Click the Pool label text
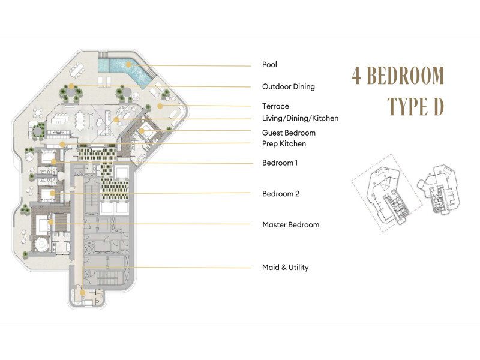point(269,65)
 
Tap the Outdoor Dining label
point(288,86)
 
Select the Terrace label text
point(275,106)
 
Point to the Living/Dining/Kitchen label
point(300,118)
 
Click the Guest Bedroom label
point(289,133)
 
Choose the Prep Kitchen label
point(284,143)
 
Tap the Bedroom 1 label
point(280,163)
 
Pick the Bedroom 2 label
point(280,194)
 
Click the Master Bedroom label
point(290,225)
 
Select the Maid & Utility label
point(285,267)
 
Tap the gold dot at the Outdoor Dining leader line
point(71,86)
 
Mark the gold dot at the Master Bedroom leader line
point(50,223)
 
